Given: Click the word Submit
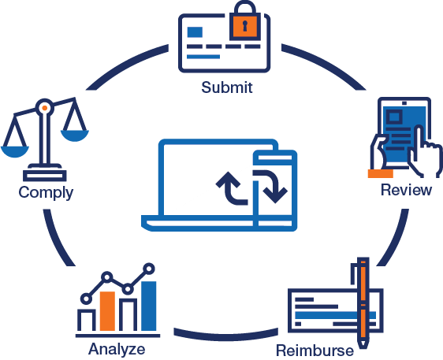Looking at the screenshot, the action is coord(226,87).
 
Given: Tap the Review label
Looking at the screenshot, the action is coord(406,190).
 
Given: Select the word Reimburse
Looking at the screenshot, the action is coord(315,351).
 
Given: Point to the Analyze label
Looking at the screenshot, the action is coord(117,349).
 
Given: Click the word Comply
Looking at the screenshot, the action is coord(46,193).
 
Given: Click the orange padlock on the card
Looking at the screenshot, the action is coord(244,21).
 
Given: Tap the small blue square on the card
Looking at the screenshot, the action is coord(195,32).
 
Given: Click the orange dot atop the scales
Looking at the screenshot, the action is coord(45,108).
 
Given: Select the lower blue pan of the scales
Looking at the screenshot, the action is coord(15,151).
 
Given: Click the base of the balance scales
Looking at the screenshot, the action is coord(45,176).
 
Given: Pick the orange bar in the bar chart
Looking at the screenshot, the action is coord(107,311).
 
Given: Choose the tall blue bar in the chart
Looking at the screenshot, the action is coord(149,306).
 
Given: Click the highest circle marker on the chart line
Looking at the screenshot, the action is coord(149,269).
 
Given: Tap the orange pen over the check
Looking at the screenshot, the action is coord(363,302).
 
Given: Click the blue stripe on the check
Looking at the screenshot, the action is coord(335,315).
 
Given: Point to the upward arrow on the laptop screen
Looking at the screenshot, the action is coord(232,187).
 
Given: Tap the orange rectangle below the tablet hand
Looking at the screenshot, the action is coord(380,173).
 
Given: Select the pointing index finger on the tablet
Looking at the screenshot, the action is coord(419,139).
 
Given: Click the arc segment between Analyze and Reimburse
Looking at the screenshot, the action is coord(225,336).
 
